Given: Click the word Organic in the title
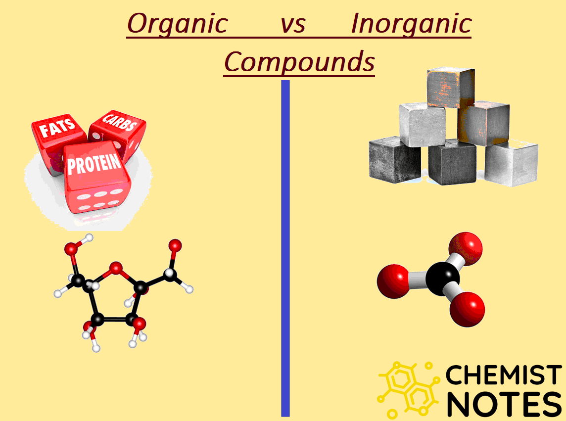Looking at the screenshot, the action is coord(177,24).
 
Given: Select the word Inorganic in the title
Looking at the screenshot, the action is coord(411,24).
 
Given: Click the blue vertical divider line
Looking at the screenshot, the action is coord(285,247).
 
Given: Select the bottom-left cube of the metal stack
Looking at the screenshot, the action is coord(394,159).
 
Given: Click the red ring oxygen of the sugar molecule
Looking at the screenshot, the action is coord(116,269).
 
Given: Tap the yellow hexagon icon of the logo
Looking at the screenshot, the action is coord(408,388).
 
